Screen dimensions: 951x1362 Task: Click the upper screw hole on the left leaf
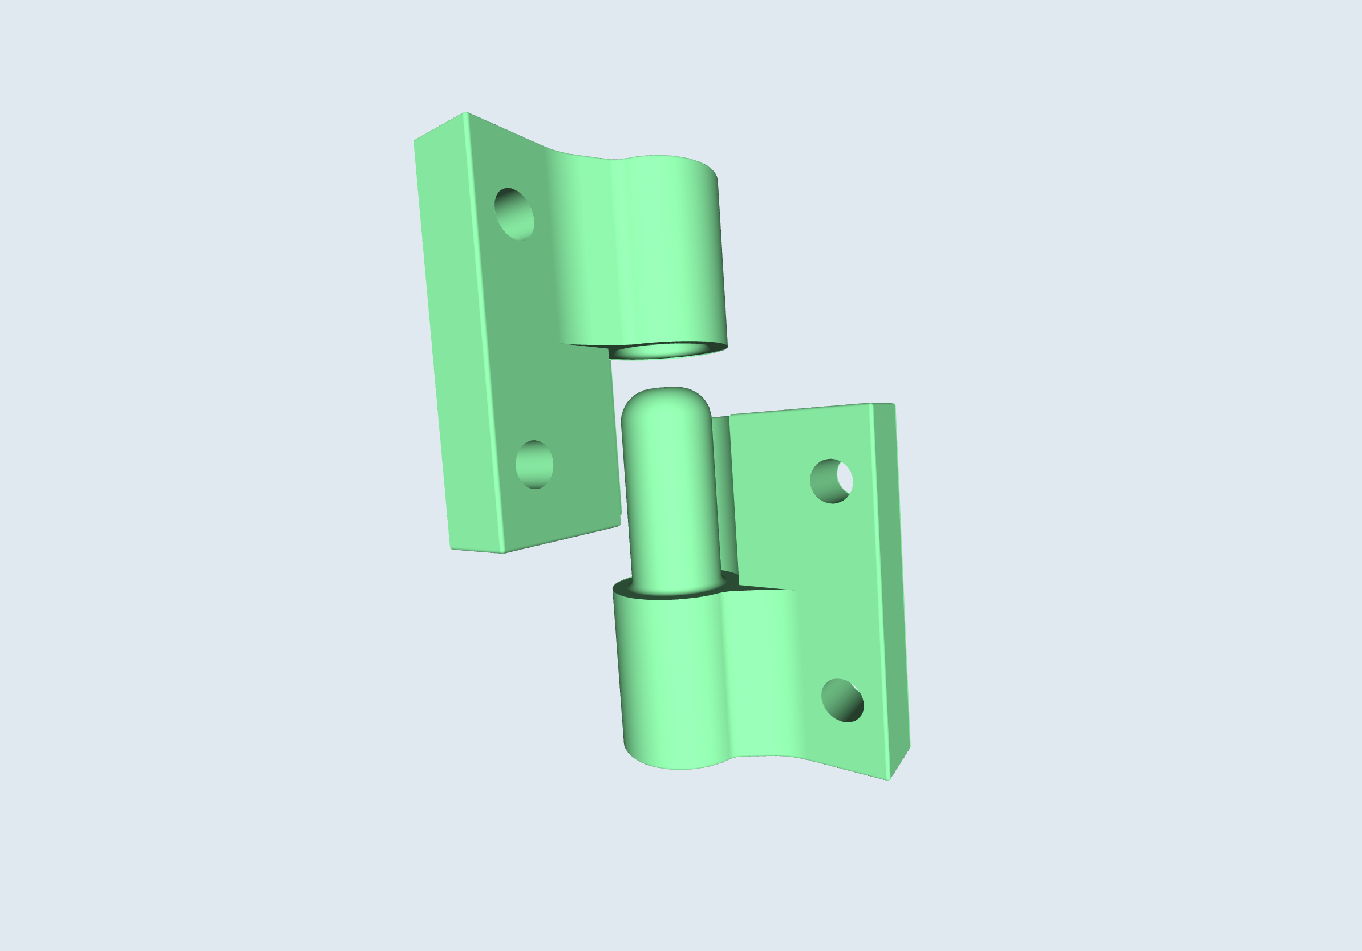pos(514,214)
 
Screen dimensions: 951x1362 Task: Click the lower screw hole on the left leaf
pos(534,465)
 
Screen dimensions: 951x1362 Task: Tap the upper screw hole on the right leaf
pos(830,481)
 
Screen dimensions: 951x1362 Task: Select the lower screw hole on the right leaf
pos(842,701)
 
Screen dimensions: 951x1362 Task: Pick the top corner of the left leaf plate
pos(465,113)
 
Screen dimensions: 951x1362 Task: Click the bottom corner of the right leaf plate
pos(888,779)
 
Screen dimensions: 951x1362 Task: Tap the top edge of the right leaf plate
pos(801,409)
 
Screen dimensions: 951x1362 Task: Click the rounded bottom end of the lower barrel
pos(676,765)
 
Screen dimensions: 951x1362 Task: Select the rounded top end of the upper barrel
pos(664,159)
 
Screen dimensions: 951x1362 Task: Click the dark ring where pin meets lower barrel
pos(676,595)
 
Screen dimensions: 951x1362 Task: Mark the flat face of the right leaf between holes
pos(830,587)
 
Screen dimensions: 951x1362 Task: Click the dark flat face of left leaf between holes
pos(528,344)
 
